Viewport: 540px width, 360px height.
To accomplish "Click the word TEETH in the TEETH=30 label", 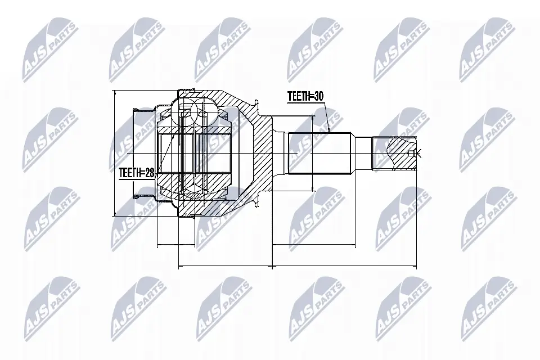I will tap(298, 97).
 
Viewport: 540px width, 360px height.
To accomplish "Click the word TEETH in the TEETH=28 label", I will tap(129, 175).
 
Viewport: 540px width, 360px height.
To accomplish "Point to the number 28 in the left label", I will tap(148, 175).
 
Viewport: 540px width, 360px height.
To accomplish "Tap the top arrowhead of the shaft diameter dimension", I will tap(312, 119).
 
